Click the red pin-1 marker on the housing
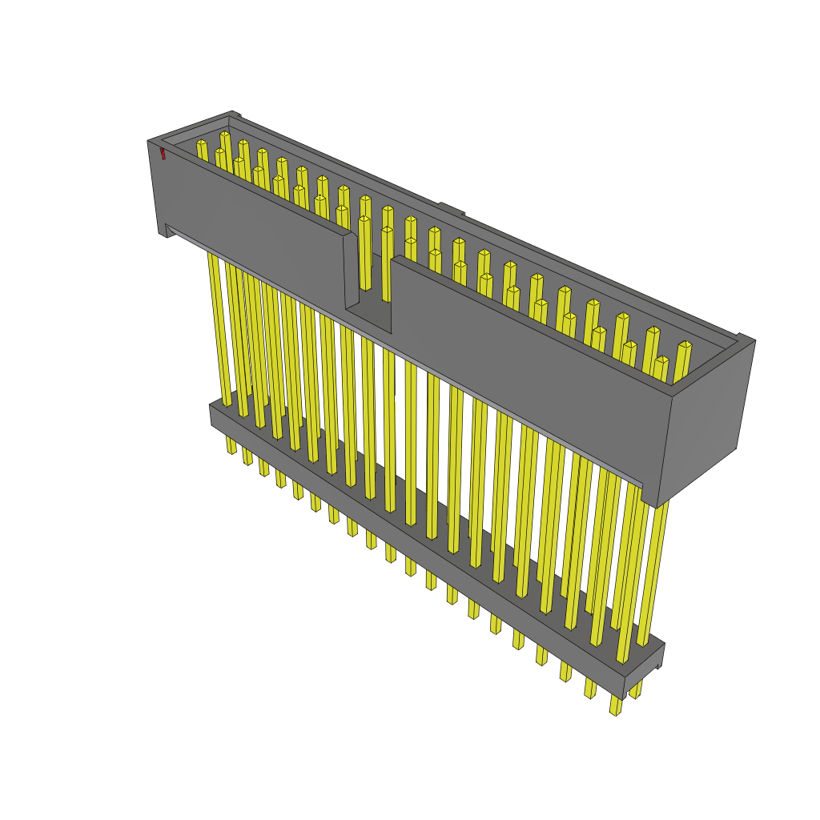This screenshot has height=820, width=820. click(x=163, y=153)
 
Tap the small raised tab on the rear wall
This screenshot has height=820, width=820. click(x=450, y=209)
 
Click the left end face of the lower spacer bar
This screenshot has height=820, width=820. click(x=212, y=415)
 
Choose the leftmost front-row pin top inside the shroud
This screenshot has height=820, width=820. click(x=220, y=152)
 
